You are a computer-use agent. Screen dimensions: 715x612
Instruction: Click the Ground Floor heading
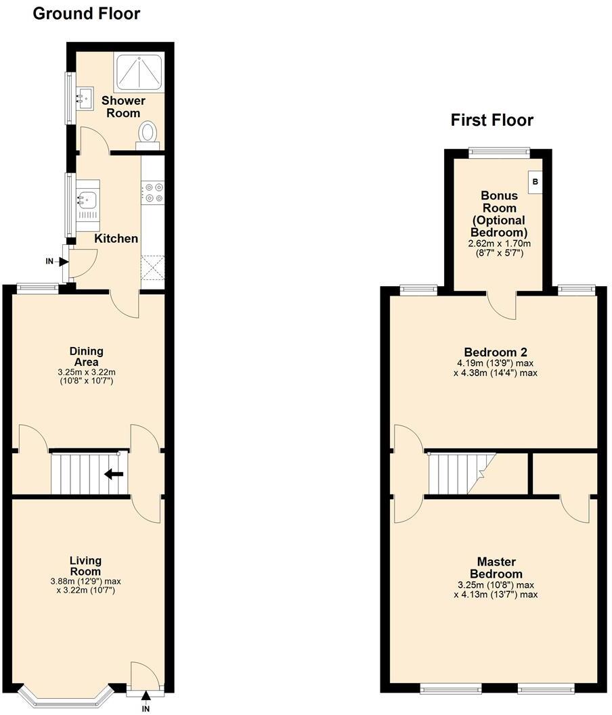pyautogui.click(x=87, y=13)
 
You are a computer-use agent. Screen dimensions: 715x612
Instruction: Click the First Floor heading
pyautogui.click(x=491, y=120)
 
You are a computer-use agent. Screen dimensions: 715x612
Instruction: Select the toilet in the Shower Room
pyautogui.click(x=147, y=133)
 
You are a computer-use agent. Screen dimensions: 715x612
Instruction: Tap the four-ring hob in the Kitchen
pyautogui.click(x=152, y=193)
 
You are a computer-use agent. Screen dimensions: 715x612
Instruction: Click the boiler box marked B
pyautogui.click(x=535, y=182)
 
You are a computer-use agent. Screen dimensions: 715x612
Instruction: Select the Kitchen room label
pyautogui.click(x=116, y=238)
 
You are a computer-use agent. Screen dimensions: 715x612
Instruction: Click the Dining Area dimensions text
pyautogui.click(x=86, y=377)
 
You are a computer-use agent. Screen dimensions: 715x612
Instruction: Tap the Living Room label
pyautogui.click(x=86, y=566)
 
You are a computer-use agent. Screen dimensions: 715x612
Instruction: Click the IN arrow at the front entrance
pyautogui.click(x=146, y=697)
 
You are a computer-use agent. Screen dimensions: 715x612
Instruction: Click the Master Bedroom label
pyautogui.click(x=496, y=568)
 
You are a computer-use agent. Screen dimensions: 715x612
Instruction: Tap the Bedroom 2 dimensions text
pyautogui.click(x=496, y=368)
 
